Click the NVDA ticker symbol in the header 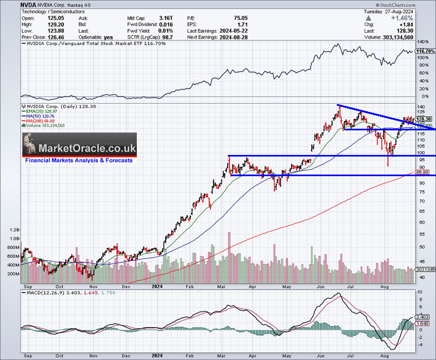[12, 4]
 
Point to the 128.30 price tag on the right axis [423, 119]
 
